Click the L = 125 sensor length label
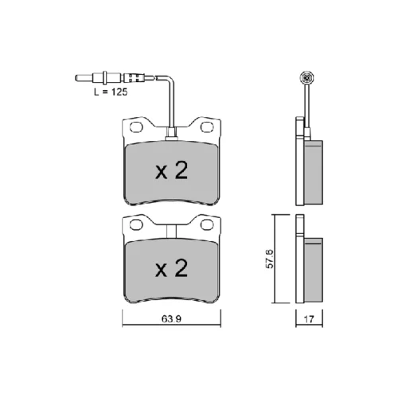[x=111, y=92]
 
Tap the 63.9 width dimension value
[x=171, y=319]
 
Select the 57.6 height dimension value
[x=270, y=259]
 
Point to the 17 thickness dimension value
[x=309, y=319]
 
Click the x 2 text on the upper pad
[x=172, y=170]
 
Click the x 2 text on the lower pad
[x=172, y=268]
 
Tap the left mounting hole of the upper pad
[x=136, y=127]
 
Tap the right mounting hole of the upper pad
[x=207, y=127]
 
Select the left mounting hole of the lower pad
[x=136, y=224]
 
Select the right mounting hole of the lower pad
[x=207, y=224]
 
